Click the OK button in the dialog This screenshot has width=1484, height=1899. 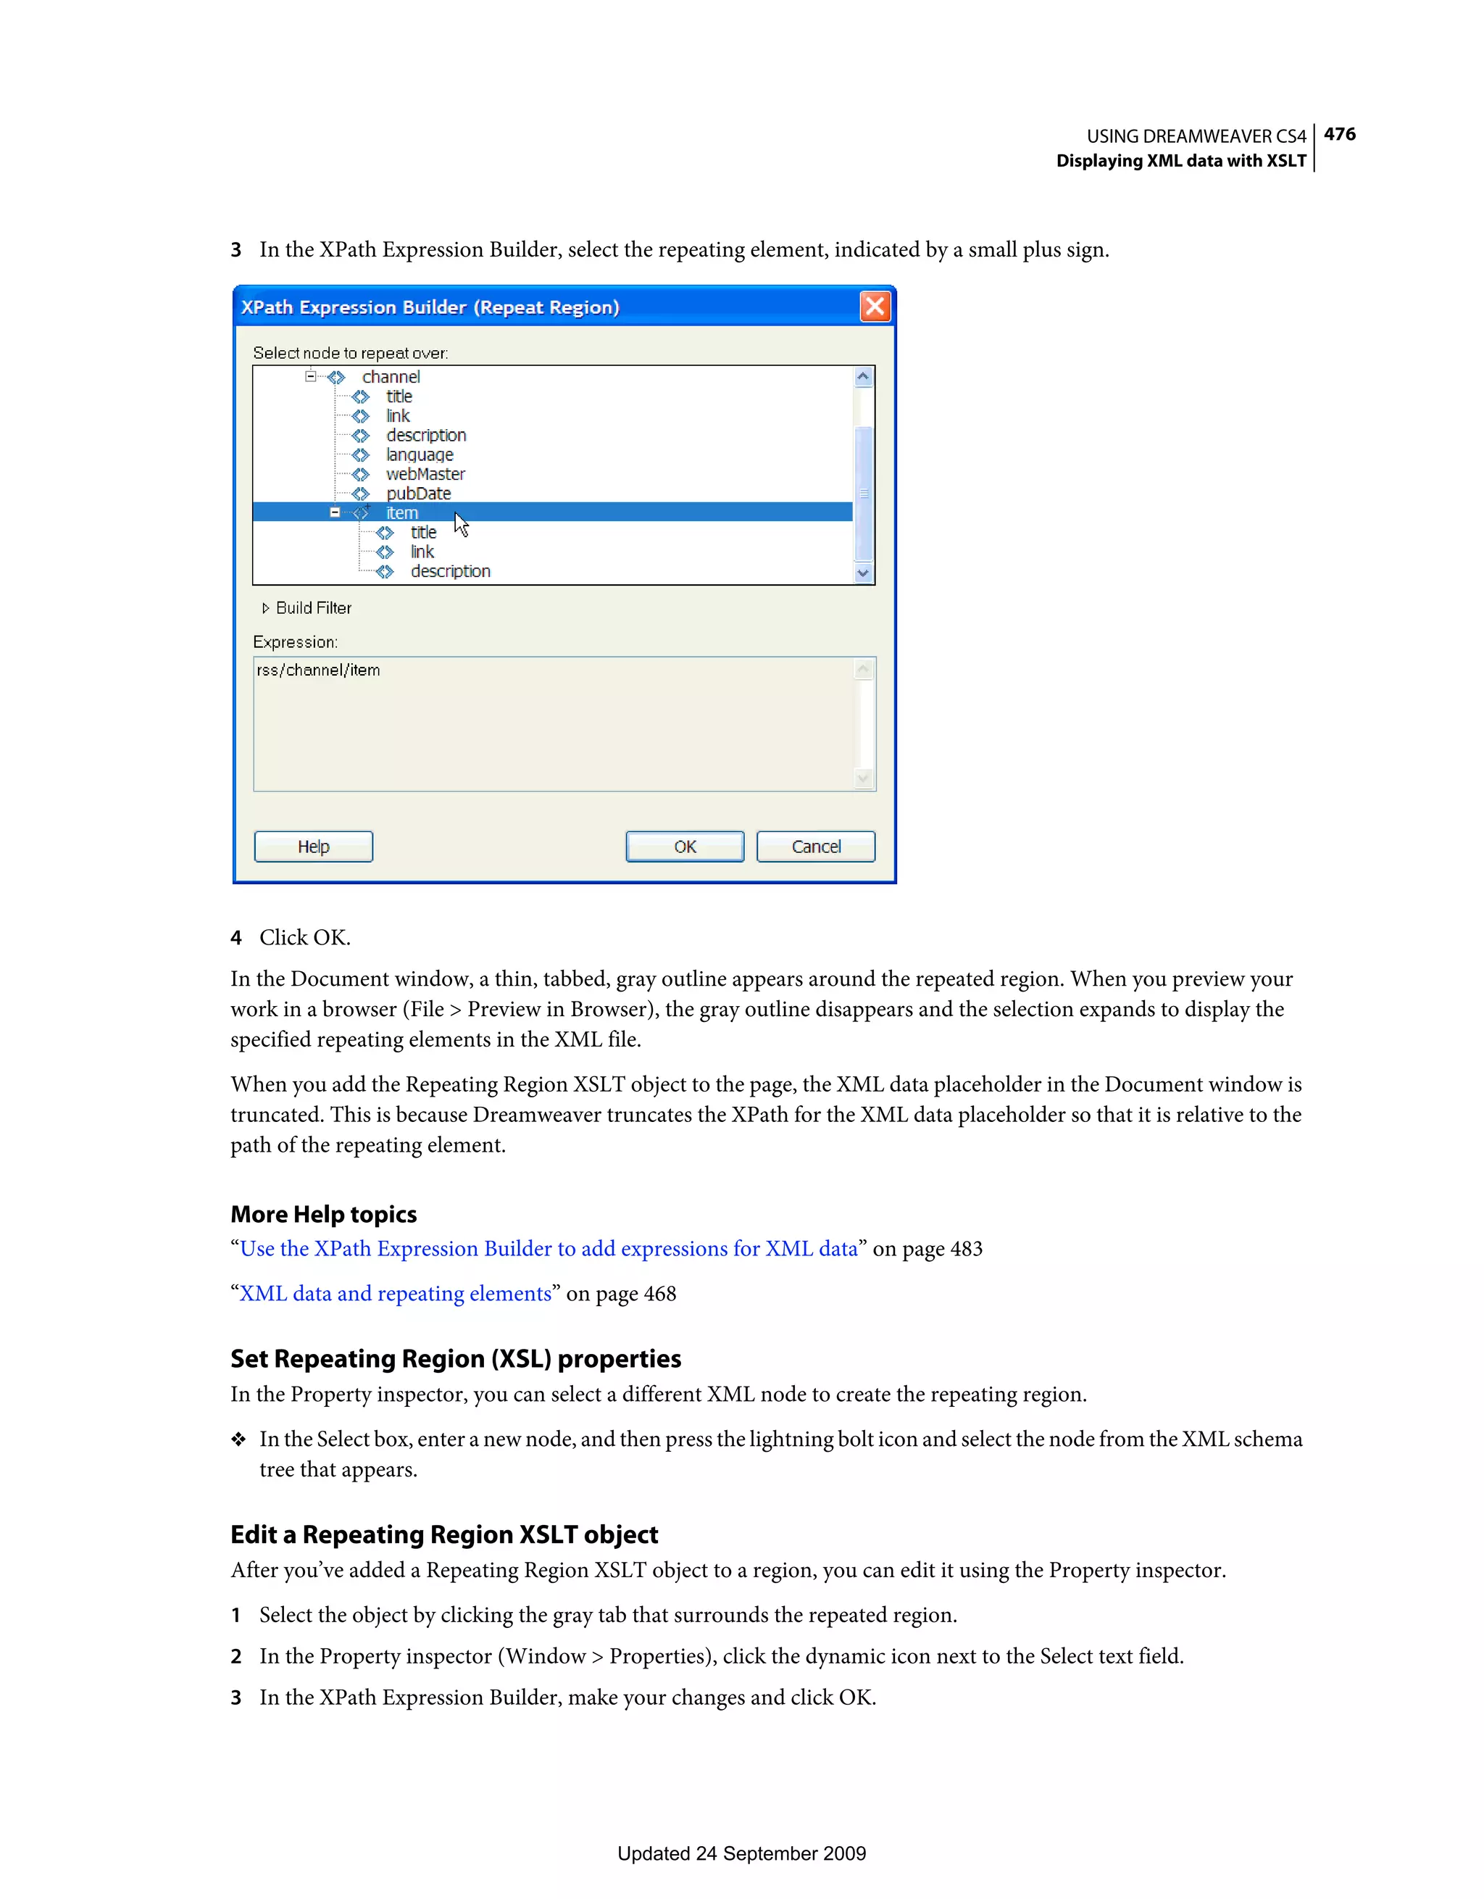pos(684,846)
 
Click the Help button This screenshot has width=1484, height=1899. pos(313,846)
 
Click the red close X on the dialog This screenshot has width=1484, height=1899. pos(875,306)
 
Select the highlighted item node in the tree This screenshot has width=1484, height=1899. pos(401,513)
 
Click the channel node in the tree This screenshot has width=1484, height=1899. pos(391,376)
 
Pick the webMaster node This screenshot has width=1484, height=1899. pos(425,474)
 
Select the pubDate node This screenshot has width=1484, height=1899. pos(418,493)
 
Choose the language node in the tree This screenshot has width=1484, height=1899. pos(419,454)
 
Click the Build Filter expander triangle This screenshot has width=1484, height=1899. pos(265,608)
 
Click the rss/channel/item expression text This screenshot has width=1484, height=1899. pos(318,670)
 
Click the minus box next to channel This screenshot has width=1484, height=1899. pos(310,376)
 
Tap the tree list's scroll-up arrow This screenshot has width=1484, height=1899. pos(862,376)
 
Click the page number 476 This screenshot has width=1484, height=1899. pos(1339,134)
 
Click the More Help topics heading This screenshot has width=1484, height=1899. pos(323,1214)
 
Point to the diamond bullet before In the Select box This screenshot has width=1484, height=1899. pos(238,1440)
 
